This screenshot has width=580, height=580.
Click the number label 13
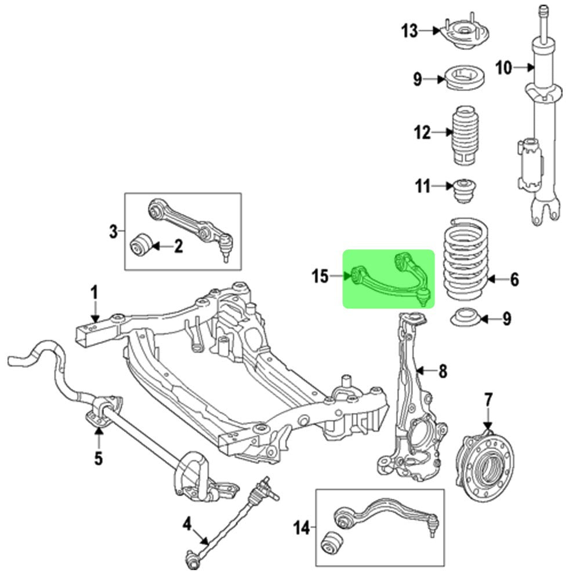(x=409, y=31)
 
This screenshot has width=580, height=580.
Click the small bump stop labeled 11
(x=464, y=190)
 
